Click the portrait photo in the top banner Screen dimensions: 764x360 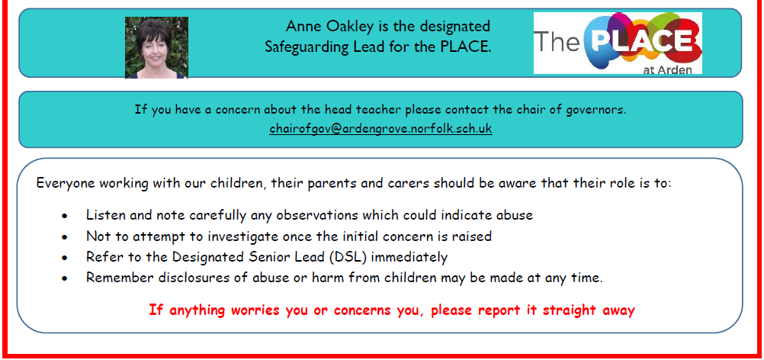[x=156, y=47]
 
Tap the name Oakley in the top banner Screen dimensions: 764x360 [x=353, y=26]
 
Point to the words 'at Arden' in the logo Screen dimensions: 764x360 [x=667, y=69]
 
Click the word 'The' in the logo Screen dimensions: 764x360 [x=557, y=43]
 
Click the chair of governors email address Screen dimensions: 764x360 [x=380, y=129]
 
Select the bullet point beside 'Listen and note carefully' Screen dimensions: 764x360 [x=65, y=216]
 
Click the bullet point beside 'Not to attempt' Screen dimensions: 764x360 [x=65, y=237]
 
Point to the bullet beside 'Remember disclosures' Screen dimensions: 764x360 [x=65, y=279]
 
